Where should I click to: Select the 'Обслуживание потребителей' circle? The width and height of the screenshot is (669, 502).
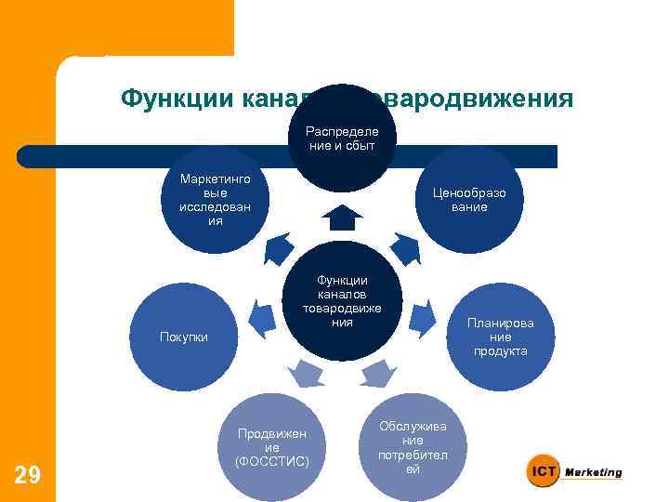[412, 444]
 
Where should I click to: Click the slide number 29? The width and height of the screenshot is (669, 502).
[28, 476]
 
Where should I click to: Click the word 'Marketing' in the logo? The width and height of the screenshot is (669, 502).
[594, 472]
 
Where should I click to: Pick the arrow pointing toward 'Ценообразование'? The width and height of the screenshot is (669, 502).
[405, 247]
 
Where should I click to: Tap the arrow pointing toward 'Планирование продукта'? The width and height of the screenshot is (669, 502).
[421, 316]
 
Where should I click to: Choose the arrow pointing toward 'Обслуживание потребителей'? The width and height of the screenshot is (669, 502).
[376, 374]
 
